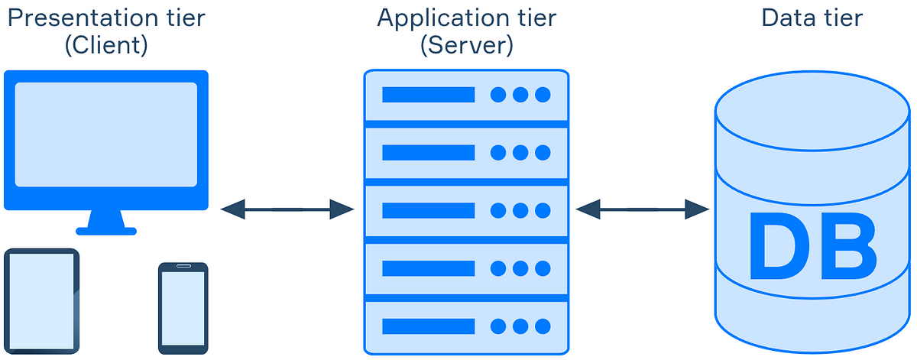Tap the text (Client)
point(106,45)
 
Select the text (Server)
point(467,45)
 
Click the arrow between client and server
point(287,209)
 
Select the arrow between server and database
point(643,209)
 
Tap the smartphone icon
point(183,308)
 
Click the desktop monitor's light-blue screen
point(106,135)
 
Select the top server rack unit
point(466,95)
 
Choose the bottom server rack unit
point(466,326)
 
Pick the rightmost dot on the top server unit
point(543,95)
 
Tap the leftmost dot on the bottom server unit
point(498,326)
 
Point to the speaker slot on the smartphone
point(183,267)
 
